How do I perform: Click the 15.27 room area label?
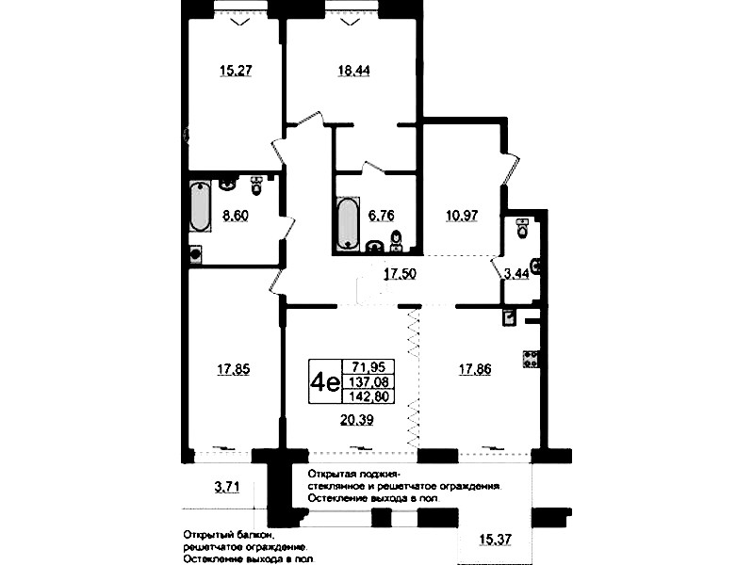pyautogui.click(x=236, y=71)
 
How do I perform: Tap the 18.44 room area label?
pyautogui.click(x=353, y=71)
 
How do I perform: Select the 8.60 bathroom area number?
pyautogui.click(x=236, y=216)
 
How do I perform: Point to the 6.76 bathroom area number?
pyautogui.click(x=382, y=216)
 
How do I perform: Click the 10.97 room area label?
pyautogui.click(x=462, y=216)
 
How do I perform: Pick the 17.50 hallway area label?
pyautogui.click(x=400, y=274)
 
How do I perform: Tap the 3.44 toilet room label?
pyautogui.click(x=516, y=274)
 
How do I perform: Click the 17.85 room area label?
pyautogui.click(x=234, y=370)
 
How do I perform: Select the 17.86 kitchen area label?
pyautogui.click(x=475, y=370)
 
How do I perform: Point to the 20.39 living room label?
pyautogui.click(x=357, y=420)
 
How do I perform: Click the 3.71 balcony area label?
pyautogui.click(x=227, y=488)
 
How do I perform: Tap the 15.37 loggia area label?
pyautogui.click(x=495, y=540)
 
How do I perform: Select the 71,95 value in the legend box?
pyautogui.click(x=368, y=367)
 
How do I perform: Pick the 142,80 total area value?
pyautogui.click(x=368, y=396)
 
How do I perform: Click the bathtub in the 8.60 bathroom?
pyautogui.click(x=200, y=206)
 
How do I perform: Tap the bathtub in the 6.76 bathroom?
pyautogui.click(x=348, y=223)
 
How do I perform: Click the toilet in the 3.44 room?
pyautogui.click(x=522, y=228)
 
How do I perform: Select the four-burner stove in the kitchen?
pyautogui.click(x=531, y=359)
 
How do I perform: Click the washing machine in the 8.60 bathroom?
pyautogui.click(x=195, y=254)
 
